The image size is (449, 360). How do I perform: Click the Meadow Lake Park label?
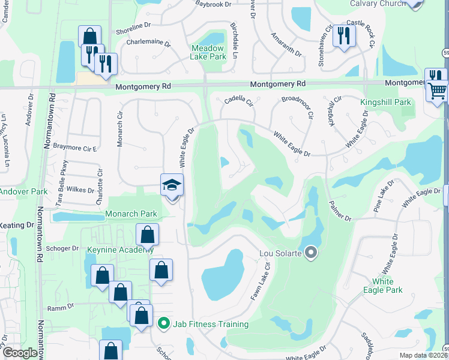click(x=208, y=52)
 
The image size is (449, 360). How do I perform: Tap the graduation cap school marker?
click(x=171, y=185)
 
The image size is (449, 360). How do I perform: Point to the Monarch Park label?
click(x=131, y=214)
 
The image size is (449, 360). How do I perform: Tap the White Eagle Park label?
click(x=382, y=286)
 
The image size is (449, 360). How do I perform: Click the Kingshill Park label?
click(x=385, y=103)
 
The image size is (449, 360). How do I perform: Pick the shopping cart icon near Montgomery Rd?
click(x=438, y=92)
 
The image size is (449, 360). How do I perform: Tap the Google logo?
click(x=20, y=353)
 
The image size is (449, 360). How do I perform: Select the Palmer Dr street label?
click(x=339, y=211)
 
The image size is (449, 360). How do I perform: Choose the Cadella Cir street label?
click(x=240, y=101)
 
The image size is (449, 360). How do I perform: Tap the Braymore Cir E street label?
click(x=75, y=146)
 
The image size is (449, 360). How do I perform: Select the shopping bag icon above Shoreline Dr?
click(x=89, y=35)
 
